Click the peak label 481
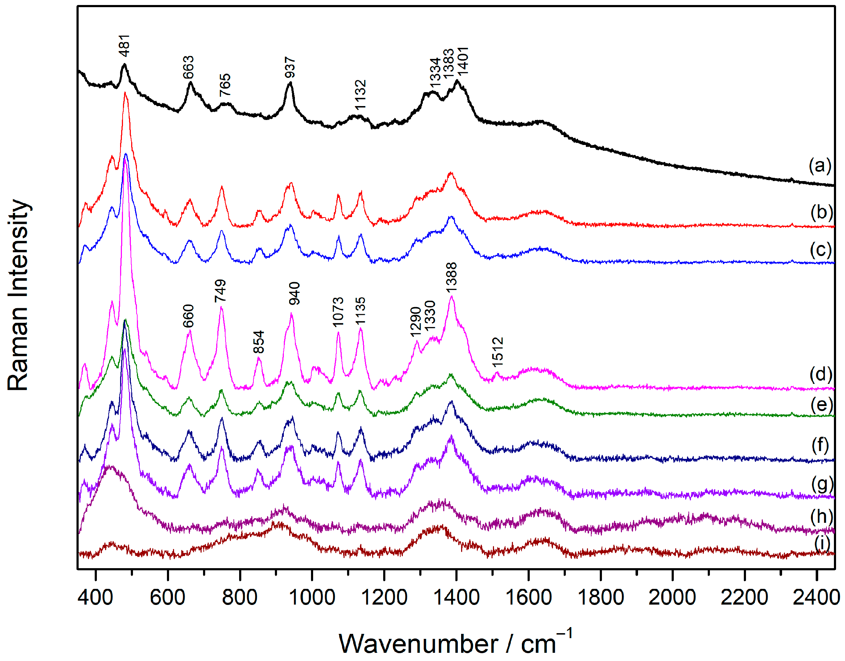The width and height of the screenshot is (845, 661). (x=124, y=46)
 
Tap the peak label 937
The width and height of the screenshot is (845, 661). (x=290, y=67)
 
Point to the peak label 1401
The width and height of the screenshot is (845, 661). (x=463, y=61)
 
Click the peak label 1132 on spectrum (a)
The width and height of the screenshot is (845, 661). (x=361, y=95)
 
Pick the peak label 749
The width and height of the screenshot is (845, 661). (x=220, y=291)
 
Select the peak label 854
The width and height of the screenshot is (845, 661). (x=259, y=342)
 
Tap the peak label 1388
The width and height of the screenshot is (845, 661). (x=451, y=277)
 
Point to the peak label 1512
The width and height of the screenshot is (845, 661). (x=498, y=352)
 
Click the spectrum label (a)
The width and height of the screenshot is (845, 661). (x=820, y=166)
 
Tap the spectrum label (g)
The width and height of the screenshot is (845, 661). (x=821, y=484)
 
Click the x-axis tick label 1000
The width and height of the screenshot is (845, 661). (x=312, y=597)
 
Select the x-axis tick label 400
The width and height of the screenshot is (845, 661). (x=95, y=597)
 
